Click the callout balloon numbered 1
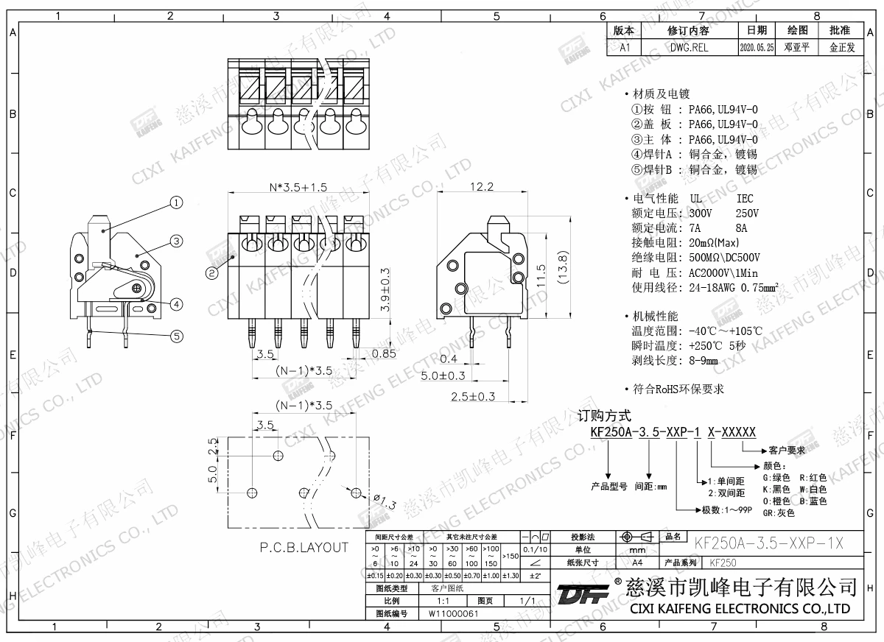[176, 202]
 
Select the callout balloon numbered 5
[176, 336]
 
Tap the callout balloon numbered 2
[211, 272]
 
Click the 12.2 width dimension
[480, 187]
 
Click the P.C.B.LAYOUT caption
[304, 547]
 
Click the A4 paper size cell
[636, 562]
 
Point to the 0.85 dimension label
[383, 353]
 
